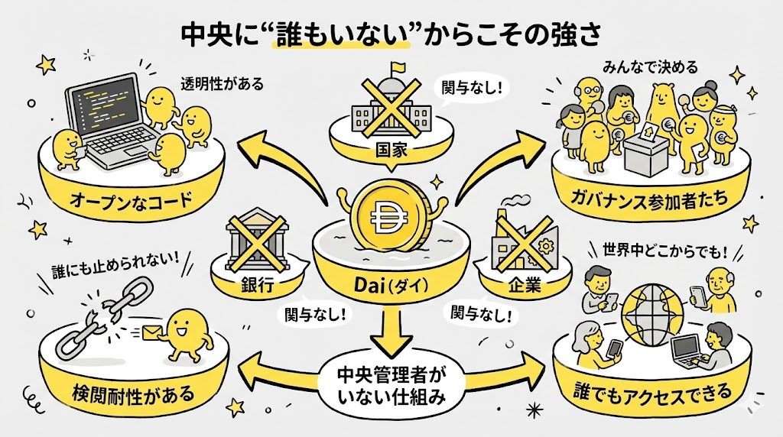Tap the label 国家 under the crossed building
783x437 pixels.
[x=391, y=151]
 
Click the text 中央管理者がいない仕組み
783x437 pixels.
[x=391, y=386]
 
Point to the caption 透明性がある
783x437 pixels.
[x=223, y=84]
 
